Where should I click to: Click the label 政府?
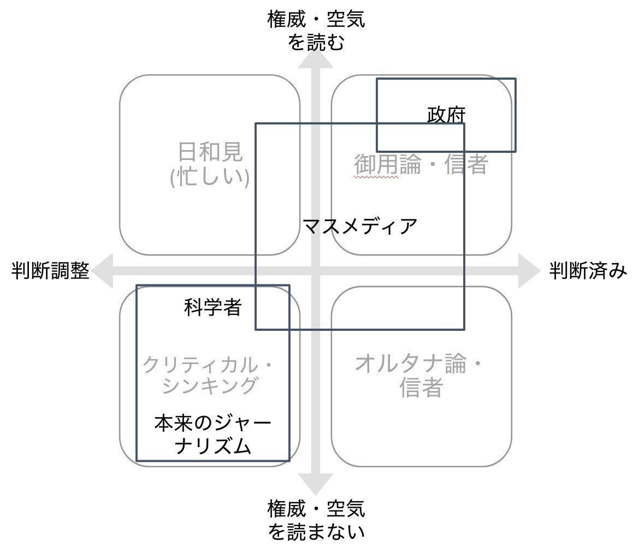coord(446,115)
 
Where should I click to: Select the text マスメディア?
coord(360,225)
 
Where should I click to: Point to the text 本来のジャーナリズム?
coord(212,435)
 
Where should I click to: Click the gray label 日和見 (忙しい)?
coord(210,164)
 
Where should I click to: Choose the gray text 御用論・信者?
coord(421,164)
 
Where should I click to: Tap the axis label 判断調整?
coord(50,270)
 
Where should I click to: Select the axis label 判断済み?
coord(588,270)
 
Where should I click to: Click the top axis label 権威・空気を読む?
coord(316,31)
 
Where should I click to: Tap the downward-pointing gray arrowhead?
coord(315,483)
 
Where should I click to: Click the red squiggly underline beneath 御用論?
coord(376,177)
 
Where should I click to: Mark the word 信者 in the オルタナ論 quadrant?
coord(420,388)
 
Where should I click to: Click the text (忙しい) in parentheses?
coord(210,177)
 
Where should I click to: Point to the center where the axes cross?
coord(315,270)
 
